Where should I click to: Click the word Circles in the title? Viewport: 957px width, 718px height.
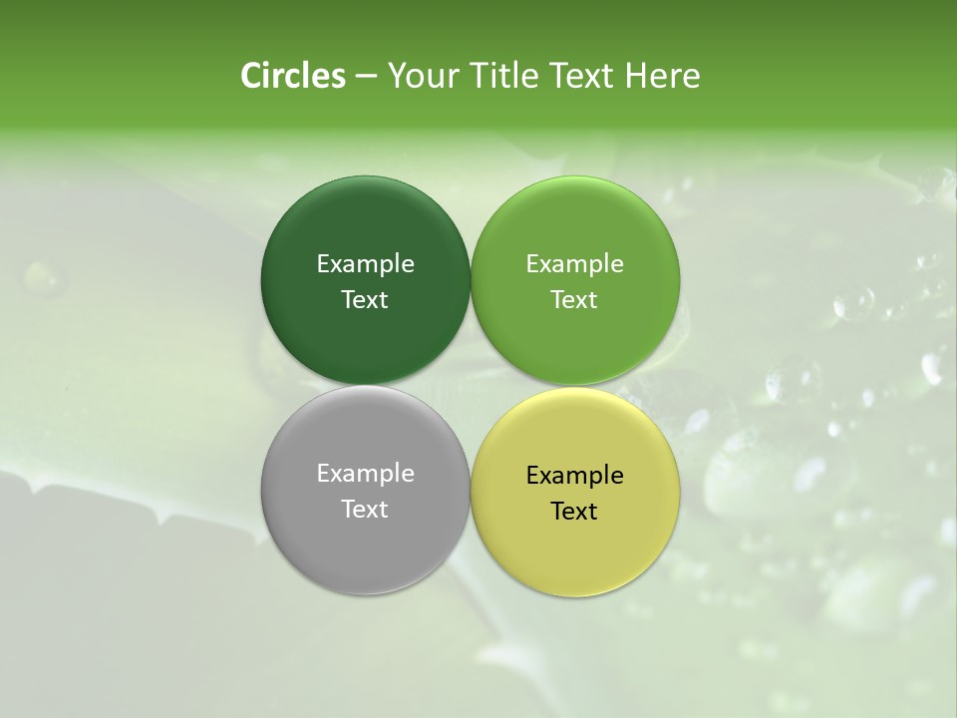[x=292, y=76]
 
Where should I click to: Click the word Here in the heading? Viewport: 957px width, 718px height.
[x=663, y=76]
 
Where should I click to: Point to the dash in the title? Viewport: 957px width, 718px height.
[x=366, y=77]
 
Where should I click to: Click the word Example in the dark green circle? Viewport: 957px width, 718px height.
[x=365, y=264]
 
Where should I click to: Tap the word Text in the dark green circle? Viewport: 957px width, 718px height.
[x=365, y=300]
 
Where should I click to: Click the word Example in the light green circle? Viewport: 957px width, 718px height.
[x=574, y=264]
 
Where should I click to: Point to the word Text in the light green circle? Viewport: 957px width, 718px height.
[x=574, y=300]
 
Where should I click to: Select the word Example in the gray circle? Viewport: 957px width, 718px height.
[x=365, y=474]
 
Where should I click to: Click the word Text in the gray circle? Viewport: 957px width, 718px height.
[x=365, y=510]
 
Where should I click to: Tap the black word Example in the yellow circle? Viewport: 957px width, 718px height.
[x=574, y=476]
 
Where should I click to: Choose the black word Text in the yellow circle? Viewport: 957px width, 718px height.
[x=574, y=512]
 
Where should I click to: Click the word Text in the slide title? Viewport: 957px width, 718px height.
[x=583, y=76]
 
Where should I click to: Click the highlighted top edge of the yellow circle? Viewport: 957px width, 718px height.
[x=575, y=392]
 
